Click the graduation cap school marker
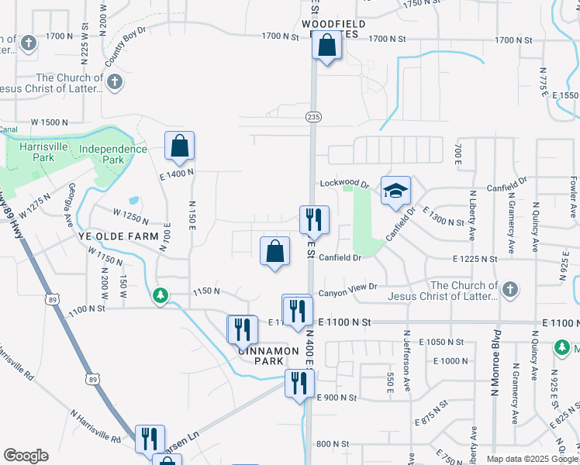click(395, 191)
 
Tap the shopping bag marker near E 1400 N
click(179, 146)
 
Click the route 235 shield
click(312, 115)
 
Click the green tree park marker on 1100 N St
click(161, 295)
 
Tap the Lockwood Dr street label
click(344, 184)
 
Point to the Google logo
click(26, 456)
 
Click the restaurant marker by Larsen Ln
click(150, 438)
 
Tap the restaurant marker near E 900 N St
click(299, 383)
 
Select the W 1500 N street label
click(50, 122)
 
